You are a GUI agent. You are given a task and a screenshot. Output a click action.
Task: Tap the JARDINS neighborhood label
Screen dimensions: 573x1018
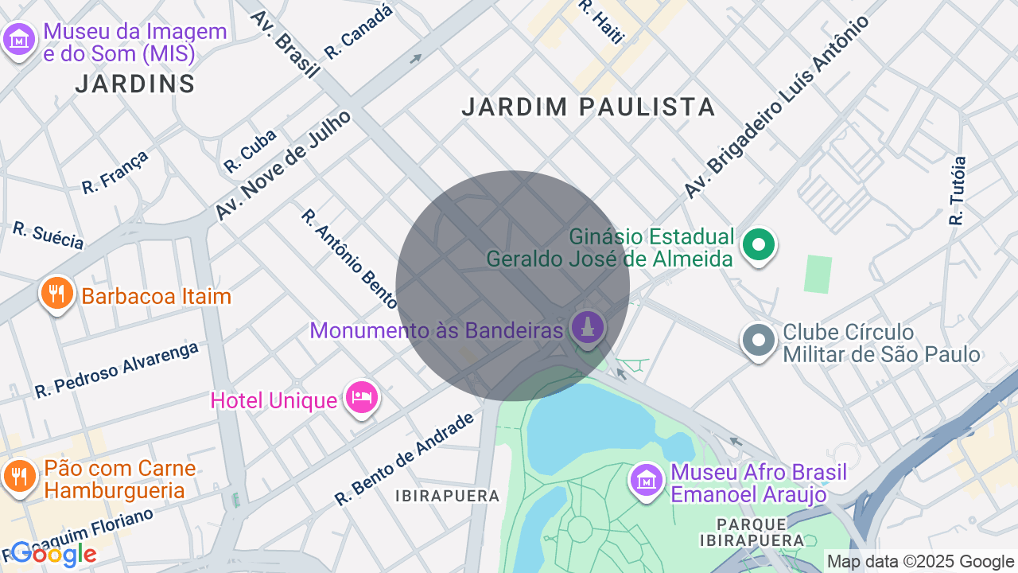click(135, 84)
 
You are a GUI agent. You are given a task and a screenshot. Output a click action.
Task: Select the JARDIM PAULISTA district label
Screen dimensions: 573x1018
click(589, 107)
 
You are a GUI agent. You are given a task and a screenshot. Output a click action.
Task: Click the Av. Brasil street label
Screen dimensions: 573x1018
click(285, 44)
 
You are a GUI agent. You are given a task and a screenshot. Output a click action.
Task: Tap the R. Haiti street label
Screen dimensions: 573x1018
click(602, 21)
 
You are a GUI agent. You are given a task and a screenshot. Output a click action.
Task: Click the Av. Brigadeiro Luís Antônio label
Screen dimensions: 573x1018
click(776, 107)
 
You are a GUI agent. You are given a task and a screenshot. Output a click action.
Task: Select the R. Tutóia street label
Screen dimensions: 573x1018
click(958, 190)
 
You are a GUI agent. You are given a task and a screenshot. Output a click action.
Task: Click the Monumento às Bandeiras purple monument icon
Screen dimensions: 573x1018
click(588, 329)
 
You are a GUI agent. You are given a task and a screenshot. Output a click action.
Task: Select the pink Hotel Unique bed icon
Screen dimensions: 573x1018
click(362, 397)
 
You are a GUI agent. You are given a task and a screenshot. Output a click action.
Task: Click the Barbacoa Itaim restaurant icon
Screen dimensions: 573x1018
click(56, 294)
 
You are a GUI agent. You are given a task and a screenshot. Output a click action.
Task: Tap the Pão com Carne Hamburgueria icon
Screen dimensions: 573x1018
click(17, 476)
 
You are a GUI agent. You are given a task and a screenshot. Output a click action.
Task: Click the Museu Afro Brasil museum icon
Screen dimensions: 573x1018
click(647, 480)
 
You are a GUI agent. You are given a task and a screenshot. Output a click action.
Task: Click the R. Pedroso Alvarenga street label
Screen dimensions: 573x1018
click(116, 369)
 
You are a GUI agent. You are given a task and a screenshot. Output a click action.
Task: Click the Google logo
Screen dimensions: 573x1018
click(54, 554)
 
